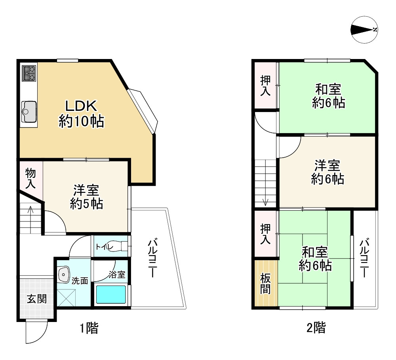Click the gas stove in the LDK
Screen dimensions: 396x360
(x=29, y=73)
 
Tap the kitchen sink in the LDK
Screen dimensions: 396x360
(x=29, y=111)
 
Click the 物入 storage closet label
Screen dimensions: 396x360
(x=30, y=179)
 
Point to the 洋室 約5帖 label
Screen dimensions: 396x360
(x=86, y=197)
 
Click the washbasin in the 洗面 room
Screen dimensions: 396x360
(x=64, y=274)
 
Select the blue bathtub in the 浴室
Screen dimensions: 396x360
(x=111, y=294)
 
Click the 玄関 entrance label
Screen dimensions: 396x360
(x=37, y=299)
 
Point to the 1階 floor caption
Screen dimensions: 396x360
(x=89, y=328)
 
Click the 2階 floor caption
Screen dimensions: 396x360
(x=316, y=328)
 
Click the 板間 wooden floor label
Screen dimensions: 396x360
(x=265, y=284)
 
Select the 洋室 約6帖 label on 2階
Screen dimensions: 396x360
(x=327, y=172)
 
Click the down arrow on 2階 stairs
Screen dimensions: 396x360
(x=265, y=200)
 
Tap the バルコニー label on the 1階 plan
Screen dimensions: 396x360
(x=152, y=259)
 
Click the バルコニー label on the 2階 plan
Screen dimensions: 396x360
(x=364, y=258)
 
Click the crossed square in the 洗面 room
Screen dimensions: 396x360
(x=67, y=298)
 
